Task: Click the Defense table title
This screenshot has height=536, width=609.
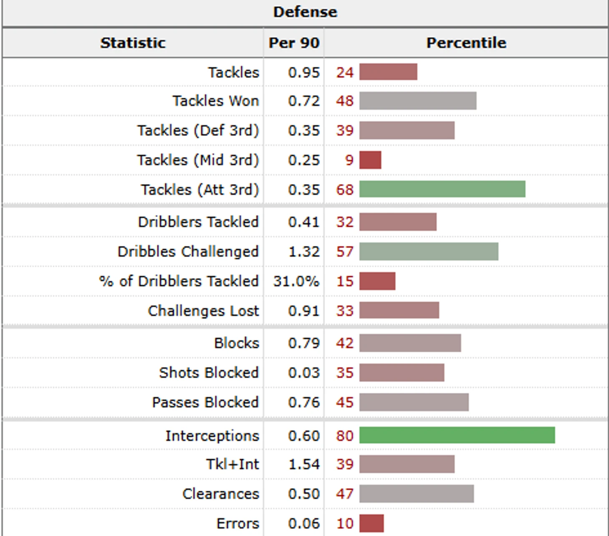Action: pos(305,12)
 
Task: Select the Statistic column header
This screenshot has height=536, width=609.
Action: pos(133,43)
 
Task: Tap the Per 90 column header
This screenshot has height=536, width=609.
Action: pos(294,43)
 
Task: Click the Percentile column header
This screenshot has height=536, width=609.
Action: pos(466,43)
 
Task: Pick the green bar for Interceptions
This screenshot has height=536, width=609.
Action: pos(457,435)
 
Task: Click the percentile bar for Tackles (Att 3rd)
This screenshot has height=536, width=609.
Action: pos(442,189)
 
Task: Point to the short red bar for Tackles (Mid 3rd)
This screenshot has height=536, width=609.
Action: pos(370,160)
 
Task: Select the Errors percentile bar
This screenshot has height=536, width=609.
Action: pos(371,523)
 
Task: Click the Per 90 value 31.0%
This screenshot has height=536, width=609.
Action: pos(296,281)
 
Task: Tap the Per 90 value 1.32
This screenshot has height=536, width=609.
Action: pos(304,251)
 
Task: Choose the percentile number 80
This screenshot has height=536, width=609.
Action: pos(345,435)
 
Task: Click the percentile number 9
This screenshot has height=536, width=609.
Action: pos(349,160)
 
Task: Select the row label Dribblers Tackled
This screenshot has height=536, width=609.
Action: pos(198,222)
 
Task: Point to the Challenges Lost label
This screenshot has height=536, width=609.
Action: pos(203,311)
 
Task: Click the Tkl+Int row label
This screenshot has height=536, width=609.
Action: pos(232,464)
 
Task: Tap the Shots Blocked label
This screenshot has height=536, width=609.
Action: pos(209,372)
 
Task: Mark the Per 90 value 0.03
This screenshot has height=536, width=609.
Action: pos(304,372)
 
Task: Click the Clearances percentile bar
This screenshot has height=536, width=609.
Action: pos(416,493)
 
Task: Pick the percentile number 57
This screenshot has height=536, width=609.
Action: pos(345,251)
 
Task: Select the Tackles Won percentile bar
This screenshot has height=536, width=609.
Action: pos(418,101)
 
